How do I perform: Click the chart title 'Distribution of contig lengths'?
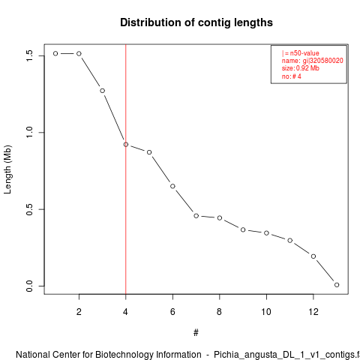[196, 22]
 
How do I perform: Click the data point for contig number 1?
[55, 53]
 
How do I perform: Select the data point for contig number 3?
[102, 91]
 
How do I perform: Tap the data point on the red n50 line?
[126, 145]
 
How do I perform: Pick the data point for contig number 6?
[172, 186]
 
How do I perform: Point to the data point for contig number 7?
[196, 216]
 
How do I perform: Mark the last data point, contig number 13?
[337, 285]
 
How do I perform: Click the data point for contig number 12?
[313, 256]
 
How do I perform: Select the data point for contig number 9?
[243, 229]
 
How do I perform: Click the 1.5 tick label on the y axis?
[29, 55]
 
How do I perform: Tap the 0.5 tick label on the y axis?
[29, 209]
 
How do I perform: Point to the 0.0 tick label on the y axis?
[29, 286]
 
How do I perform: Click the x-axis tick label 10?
[266, 312]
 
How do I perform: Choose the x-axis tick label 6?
[172, 312]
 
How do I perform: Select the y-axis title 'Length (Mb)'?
[7, 169]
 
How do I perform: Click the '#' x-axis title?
[196, 333]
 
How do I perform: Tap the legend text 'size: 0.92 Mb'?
[301, 68]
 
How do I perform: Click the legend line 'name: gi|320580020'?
[313, 61]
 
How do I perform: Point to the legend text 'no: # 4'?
[292, 76]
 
